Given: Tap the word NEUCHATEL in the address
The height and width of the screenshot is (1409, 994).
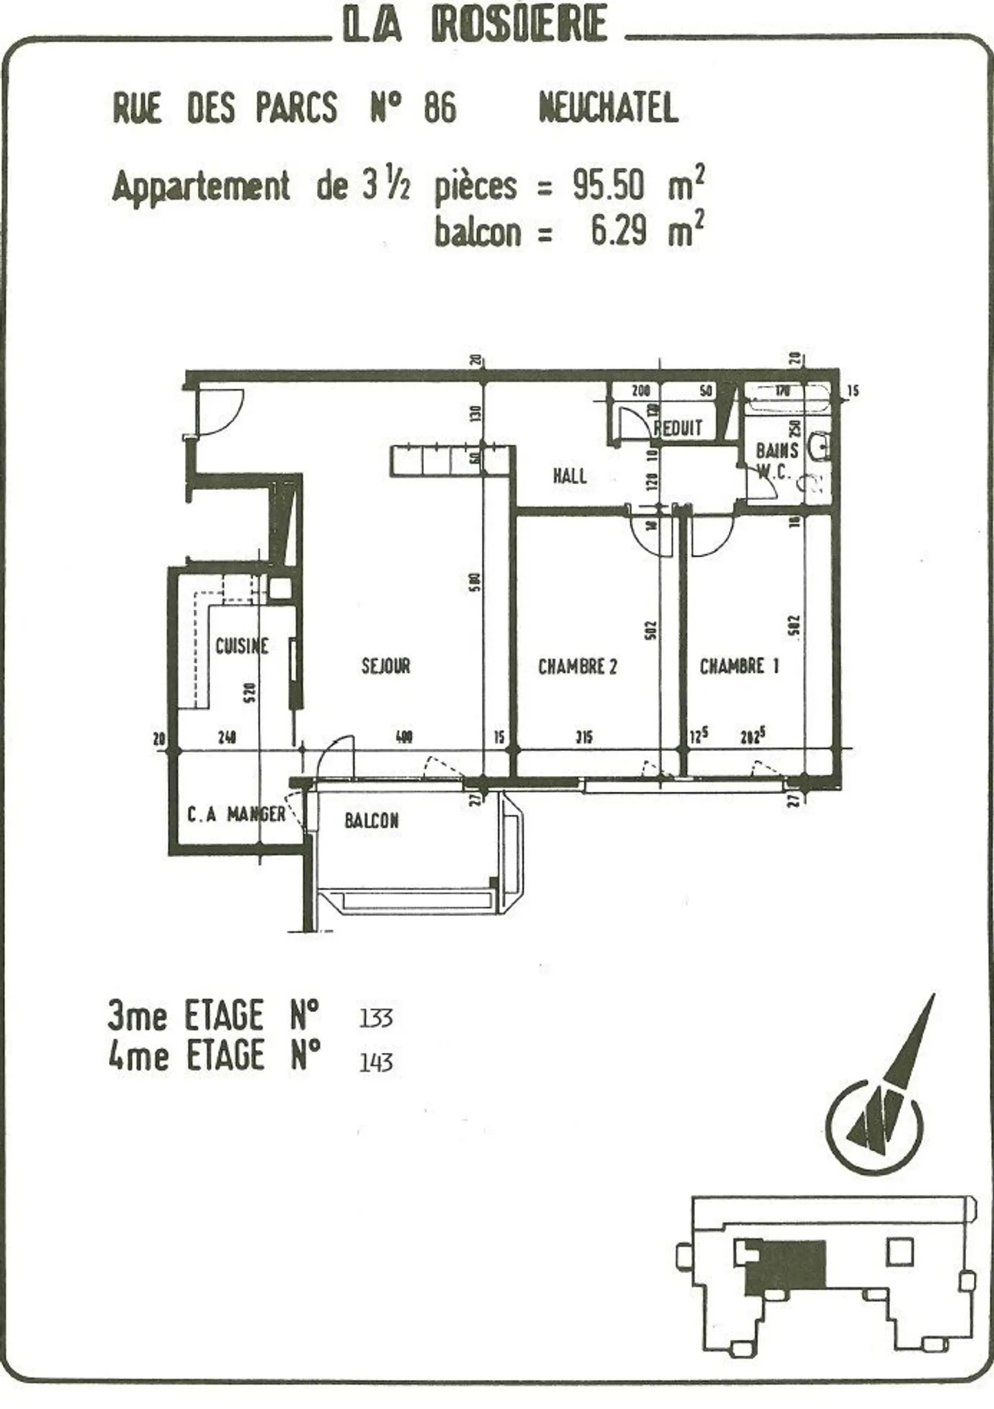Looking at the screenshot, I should click(x=608, y=108).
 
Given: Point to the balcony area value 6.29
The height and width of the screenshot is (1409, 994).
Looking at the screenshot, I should click(x=618, y=231).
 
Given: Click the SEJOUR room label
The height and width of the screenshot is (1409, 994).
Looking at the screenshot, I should click(x=386, y=666).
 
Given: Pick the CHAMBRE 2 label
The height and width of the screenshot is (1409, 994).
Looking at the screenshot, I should click(x=578, y=667).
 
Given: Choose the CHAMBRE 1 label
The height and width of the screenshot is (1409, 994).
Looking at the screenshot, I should click(x=739, y=666).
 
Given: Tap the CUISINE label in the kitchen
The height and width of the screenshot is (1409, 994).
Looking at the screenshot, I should click(x=242, y=646).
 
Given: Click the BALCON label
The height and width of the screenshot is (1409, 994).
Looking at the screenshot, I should click(x=371, y=821).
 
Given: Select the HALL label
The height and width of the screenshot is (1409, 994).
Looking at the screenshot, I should click(x=570, y=476).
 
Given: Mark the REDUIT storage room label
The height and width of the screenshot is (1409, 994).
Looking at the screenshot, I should click(x=679, y=428).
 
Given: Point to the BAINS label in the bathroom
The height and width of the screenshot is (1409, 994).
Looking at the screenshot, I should click(x=777, y=451).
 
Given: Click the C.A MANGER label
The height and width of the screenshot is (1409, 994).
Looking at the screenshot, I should click(x=236, y=815).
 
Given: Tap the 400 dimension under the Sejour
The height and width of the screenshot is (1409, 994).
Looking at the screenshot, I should click(x=405, y=737).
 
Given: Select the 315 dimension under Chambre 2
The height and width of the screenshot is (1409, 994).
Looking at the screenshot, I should click(x=584, y=737).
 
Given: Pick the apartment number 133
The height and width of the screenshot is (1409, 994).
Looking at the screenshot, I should click(x=376, y=1018).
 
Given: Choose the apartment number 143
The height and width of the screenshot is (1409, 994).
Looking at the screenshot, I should click(x=376, y=1062).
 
